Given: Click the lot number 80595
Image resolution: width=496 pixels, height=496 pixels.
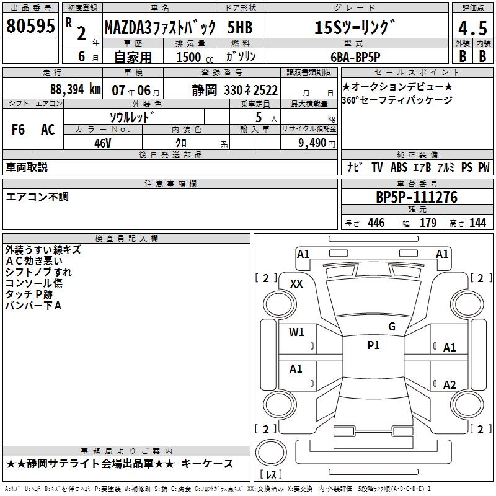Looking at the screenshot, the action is [x=30, y=25].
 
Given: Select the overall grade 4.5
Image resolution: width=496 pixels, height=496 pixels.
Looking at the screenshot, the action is [x=472, y=28].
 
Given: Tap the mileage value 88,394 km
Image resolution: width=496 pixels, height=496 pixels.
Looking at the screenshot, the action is [x=75, y=89].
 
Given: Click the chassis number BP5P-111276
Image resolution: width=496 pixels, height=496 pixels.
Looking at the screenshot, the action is [x=417, y=197].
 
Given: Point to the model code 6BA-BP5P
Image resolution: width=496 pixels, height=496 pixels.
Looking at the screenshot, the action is [x=355, y=57].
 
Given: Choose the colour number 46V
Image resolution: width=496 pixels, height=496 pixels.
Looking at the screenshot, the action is [x=103, y=143].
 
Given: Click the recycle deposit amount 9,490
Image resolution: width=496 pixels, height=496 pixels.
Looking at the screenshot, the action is [x=312, y=143].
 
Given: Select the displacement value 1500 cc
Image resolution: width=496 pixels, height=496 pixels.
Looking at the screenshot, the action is [x=195, y=57].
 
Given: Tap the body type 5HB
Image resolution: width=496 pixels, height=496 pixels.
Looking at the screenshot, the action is [x=240, y=27].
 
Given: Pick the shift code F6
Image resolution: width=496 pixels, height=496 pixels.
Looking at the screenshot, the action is [x=18, y=130].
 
